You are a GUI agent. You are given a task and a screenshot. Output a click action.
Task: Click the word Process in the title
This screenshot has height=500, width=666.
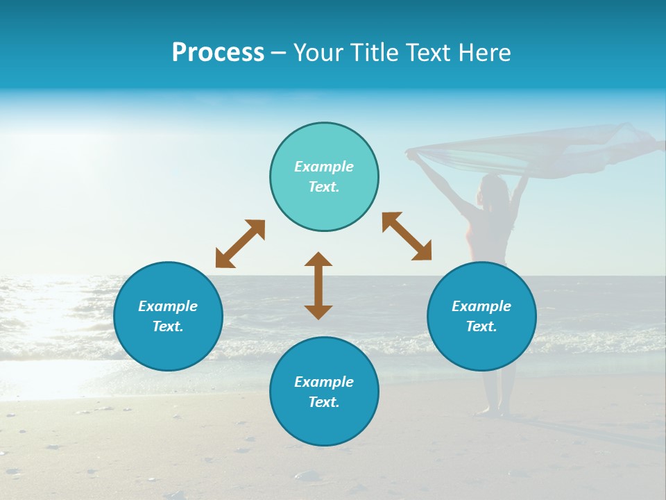click(218, 53)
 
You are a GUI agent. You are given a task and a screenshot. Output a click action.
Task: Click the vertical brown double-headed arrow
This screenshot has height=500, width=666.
click(318, 285)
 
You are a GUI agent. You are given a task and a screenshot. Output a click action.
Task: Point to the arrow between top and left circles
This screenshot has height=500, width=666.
click(240, 244)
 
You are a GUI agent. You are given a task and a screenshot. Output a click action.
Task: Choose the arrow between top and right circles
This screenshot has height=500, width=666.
click(407, 236)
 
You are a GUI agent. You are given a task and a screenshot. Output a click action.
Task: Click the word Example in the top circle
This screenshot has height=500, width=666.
click(324, 167)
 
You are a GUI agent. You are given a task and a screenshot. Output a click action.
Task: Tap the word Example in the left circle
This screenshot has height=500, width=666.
click(168, 306)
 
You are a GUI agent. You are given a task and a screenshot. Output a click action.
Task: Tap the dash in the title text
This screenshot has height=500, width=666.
click(279, 53)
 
